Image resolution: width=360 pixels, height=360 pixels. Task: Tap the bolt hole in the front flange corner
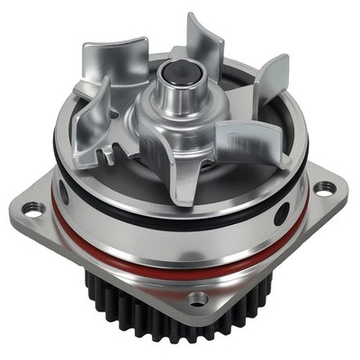pos(198,297)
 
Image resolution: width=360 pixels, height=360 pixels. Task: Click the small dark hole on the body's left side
pos(63,192)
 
